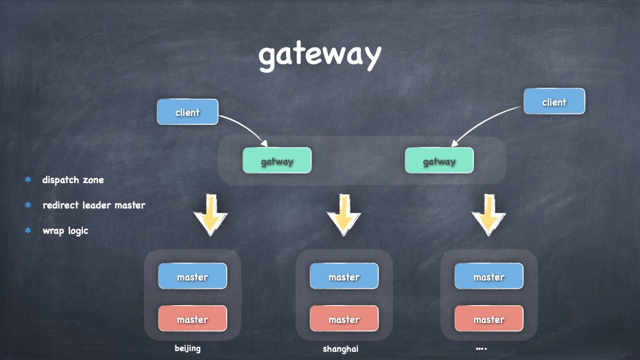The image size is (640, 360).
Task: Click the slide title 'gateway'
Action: tap(319, 56)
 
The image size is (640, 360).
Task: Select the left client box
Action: tap(187, 112)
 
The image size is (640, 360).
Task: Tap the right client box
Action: tap(554, 101)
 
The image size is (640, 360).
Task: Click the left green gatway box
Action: tap(276, 161)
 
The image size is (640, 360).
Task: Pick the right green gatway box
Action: tap(439, 161)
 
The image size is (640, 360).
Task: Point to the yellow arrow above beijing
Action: tap(211, 215)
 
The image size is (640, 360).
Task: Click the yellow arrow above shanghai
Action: tap(344, 215)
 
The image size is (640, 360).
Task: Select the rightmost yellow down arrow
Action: tap(488, 215)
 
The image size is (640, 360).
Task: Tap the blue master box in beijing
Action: tap(192, 276)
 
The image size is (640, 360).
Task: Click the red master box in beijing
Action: tap(192, 319)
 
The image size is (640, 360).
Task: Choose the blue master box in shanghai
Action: tap(344, 276)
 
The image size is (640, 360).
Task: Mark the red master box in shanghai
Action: tap(344, 319)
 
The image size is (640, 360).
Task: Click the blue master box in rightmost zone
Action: tap(488, 276)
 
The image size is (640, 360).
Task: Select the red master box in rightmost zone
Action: tap(488, 319)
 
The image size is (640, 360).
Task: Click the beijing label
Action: tap(187, 348)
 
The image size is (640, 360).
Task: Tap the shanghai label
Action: tap(340, 348)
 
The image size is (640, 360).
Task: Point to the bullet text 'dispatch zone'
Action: tap(73, 180)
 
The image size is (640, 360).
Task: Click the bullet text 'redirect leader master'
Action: tap(93, 205)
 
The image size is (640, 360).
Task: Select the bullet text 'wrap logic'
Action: tap(65, 230)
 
